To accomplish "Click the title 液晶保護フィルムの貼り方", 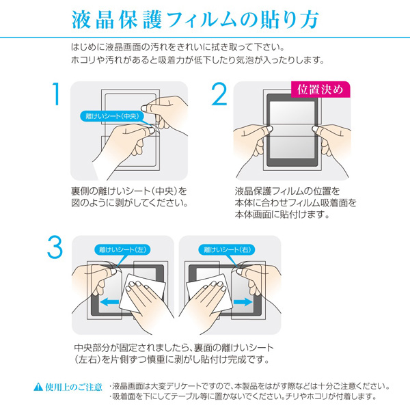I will (204, 20).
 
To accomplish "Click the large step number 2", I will (218, 96).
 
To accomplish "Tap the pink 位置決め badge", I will (320, 89).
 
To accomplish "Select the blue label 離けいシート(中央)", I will (109, 117).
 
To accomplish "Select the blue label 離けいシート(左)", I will (122, 249).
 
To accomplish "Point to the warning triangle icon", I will (38, 387).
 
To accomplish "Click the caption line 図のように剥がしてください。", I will (129, 203).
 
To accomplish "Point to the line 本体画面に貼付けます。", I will (282, 215).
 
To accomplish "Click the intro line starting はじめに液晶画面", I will (177, 47).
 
